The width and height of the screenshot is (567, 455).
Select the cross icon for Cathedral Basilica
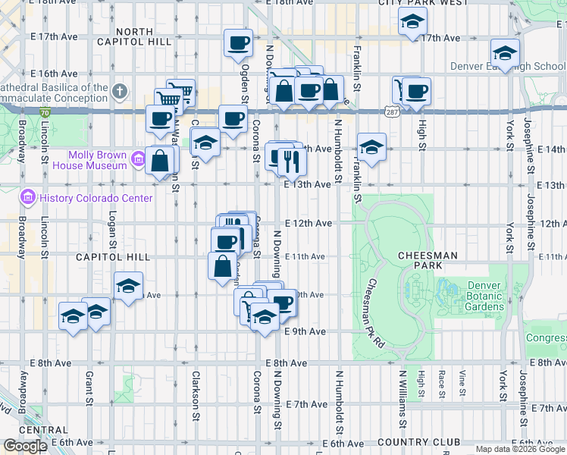[x=119, y=92]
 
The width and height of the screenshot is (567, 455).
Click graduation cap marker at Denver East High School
[x=504, y=52]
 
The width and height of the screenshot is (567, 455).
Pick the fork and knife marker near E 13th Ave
[x=290, y=160]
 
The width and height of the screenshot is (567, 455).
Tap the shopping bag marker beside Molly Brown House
[x=161, y=161]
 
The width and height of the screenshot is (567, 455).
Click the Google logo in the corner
[x=24, y=446]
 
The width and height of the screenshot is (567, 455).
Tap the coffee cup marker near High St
[x=415, y=92]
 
